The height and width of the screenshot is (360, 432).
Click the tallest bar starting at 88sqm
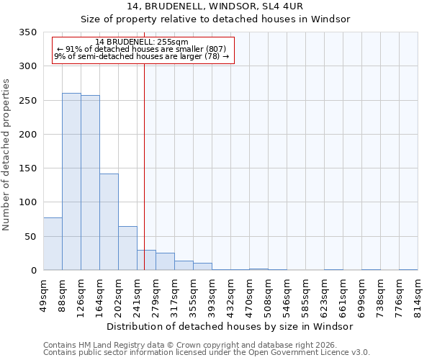click(71, 181)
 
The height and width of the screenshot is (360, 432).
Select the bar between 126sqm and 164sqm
click(90, 183)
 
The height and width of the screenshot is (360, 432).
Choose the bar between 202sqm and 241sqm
click(127, 248)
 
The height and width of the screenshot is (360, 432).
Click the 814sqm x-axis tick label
click(418, 295)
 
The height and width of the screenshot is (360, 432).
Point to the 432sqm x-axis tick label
click(230, 295)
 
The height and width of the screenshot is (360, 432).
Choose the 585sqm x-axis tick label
click(305, 295)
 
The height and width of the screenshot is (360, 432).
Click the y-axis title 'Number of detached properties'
click(6, 155)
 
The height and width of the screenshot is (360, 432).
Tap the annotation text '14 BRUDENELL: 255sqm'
click(142, 42)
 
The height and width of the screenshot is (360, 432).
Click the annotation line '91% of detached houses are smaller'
click(142, 49)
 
